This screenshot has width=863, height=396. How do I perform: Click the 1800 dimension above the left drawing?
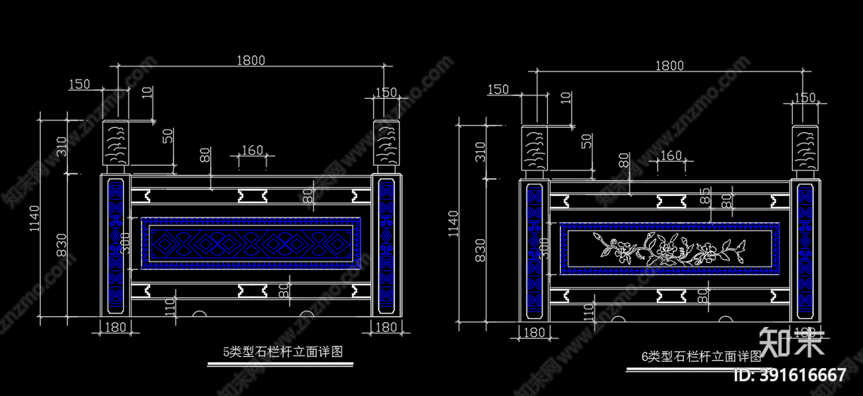(x=251, y=60)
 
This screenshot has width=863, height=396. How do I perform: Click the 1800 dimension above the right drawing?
(x=669, y=65)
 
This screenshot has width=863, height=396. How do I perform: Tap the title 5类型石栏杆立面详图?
(x=283, y=352)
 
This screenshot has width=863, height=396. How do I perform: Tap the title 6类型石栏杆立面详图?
(x=701, y=356)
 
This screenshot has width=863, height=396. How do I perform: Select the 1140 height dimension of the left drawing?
(x=35, y=218)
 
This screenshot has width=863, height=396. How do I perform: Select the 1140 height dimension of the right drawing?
(x=453, y=223)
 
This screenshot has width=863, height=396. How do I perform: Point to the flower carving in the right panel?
(x=669, y=249)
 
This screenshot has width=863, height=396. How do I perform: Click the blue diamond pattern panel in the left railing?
(x=251, y=244)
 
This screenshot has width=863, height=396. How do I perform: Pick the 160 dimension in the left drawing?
(x=252, y=150)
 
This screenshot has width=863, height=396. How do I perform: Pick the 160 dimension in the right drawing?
(x=671, y=155)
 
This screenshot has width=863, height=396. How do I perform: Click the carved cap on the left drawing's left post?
(x=115, y=143)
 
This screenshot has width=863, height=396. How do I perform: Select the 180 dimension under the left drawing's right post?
(x=386, y=327)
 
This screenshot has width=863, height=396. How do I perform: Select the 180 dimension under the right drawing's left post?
(x=534, y=332)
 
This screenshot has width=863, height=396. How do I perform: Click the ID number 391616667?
(x=791, y=374)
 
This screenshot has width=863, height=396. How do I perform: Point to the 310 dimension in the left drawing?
(x=61, y=146)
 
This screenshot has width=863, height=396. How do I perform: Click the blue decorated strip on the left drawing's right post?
(x=386, y=246)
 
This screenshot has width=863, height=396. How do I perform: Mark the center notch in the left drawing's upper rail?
(x=252, y=195)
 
